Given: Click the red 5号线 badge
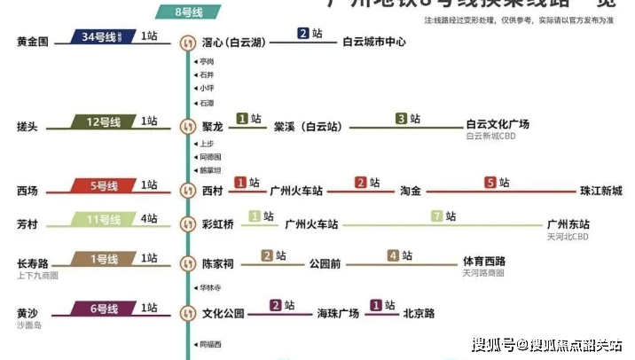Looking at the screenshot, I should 106,186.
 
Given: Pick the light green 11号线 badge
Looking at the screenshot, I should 104,219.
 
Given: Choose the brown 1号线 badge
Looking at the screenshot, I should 106,259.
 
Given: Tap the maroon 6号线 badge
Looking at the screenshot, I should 104,309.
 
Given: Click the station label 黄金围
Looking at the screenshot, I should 33,42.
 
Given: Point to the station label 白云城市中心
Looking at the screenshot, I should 374,42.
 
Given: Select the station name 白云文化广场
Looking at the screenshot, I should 498,124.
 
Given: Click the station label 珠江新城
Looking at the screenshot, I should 601,191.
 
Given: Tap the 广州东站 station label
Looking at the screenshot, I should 568,224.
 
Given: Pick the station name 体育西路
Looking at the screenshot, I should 484,262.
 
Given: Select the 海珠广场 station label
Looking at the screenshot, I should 338,313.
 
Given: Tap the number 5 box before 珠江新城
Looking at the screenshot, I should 490,184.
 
